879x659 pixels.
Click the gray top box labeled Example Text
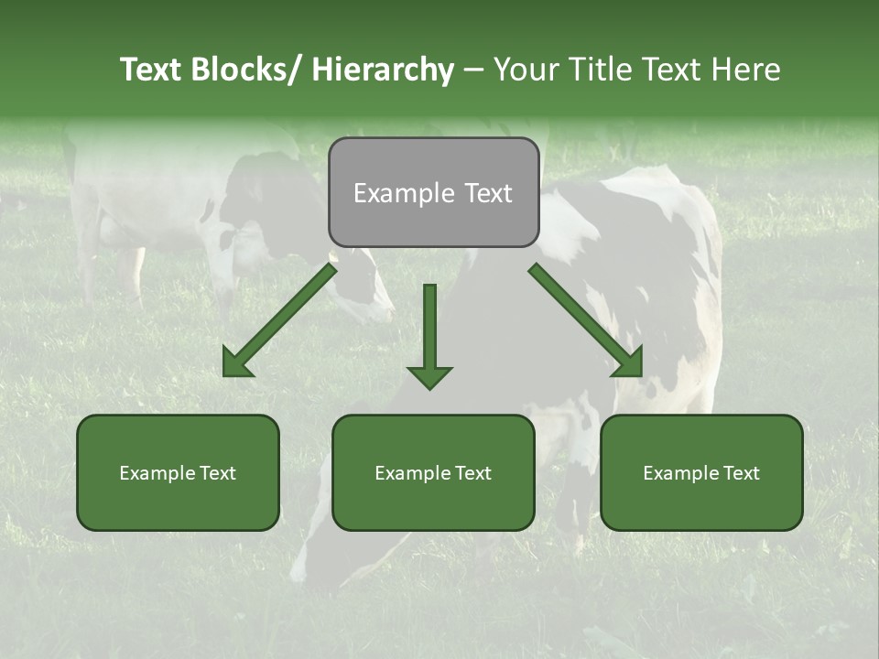pyautogui.click(x=433, y=192)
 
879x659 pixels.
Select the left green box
pyautogui.click(x=178, y=472)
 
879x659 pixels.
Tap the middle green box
pyautogui.click(x=433, y=472)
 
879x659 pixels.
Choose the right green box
pyautogui.click(x=701, y=472)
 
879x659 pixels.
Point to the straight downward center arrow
pyautogui.click(x=429, y=335)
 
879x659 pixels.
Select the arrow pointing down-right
pyautogui.click(x=586, y=320)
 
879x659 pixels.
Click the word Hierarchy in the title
pyautogui.click(x=382, y=70)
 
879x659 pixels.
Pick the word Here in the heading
pyautogui.click(x=744, y=70)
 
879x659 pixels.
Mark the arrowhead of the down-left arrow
pyautogui.click(x=235, y=363)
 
